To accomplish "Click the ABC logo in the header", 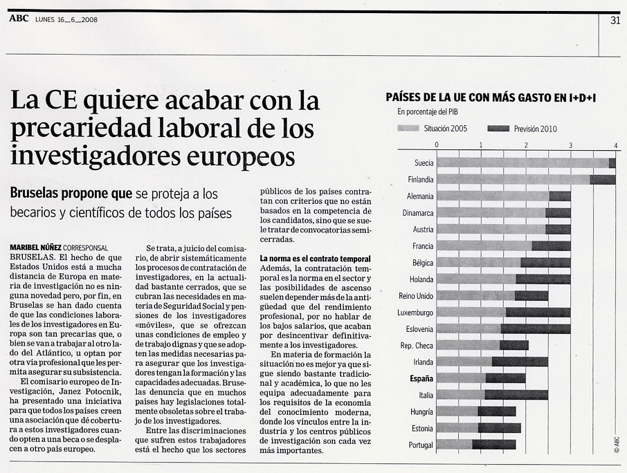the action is (19, 19).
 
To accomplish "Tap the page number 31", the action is (615, 20).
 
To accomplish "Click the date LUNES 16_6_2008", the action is (66, 19).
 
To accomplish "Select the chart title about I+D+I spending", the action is (491, 98).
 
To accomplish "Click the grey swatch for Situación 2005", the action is (408, 129).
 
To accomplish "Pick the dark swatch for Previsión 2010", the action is (498, 129).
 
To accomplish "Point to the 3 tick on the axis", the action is (571, 145).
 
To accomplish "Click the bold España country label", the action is (421, 379).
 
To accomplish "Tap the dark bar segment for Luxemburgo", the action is (538, 313).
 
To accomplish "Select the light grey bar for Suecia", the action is (522, 163).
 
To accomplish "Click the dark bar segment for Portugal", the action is (494, 445).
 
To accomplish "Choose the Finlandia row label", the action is (420, 180).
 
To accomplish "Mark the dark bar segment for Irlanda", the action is (520, 362).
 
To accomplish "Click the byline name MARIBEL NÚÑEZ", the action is (35, 248).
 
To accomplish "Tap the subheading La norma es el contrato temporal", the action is (315, 259).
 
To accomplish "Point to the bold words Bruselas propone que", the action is (71, 194).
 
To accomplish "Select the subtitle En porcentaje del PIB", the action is (428, 112).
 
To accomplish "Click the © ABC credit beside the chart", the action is (617, 444).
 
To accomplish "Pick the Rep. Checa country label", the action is (417, 346).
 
